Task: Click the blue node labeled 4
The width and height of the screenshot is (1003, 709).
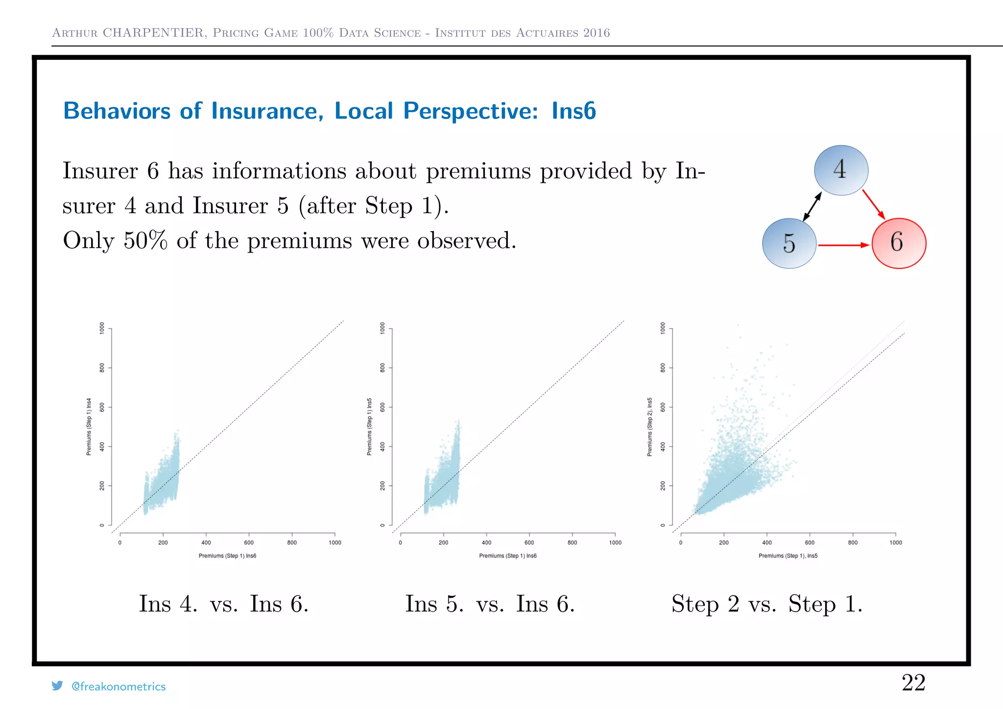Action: point(841,170)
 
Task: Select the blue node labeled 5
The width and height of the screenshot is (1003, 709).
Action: point(789,243)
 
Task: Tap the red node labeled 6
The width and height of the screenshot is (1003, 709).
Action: point(899,243)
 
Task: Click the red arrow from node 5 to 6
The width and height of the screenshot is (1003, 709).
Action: point(843,245)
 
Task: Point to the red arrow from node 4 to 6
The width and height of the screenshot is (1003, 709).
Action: point(873,204)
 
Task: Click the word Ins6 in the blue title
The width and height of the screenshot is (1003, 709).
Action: point(573,111)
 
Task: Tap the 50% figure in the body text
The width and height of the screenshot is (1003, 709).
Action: point(145,240)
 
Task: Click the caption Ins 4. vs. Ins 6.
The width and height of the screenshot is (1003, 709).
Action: point(224,604)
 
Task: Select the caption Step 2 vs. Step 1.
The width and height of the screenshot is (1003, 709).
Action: point(766,604)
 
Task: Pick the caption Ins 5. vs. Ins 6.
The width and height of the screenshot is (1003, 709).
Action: point(490,604)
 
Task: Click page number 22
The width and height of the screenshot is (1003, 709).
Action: point(913,683)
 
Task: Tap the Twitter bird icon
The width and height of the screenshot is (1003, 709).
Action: point(57,685)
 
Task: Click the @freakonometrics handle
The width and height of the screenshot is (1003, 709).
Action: point(119,686)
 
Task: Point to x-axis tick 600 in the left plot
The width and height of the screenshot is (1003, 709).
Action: point(249,543)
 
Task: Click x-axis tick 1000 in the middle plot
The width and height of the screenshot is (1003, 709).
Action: point(615,543)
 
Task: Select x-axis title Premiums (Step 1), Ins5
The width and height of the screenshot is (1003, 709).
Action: point(788,556)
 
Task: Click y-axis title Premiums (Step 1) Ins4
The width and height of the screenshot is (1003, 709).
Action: point(89,426)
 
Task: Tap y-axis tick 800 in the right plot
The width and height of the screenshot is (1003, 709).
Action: point(663,368)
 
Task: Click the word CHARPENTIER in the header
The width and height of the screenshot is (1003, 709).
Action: point(153,33)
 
